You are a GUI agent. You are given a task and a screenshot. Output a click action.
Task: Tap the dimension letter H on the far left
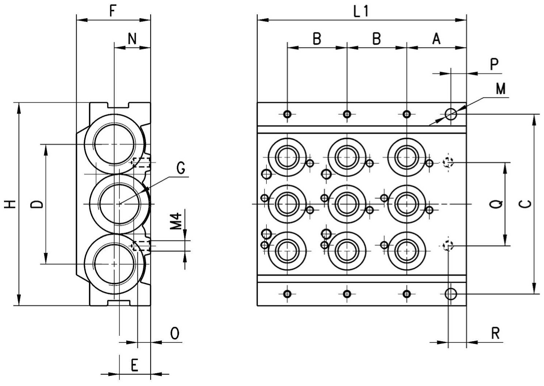click(10, 204)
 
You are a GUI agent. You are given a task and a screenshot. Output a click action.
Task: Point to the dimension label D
click(37, 204)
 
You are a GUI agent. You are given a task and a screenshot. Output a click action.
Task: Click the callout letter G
click(180, 168)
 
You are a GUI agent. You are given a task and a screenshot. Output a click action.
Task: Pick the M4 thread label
click(176, 221)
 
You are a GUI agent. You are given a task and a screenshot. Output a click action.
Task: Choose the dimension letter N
click(132, 39)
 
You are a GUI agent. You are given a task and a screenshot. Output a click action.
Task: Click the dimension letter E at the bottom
click(135, 365)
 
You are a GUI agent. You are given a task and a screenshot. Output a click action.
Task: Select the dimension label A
click(436, 39)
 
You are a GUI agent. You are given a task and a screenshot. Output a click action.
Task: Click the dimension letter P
click(494, 64)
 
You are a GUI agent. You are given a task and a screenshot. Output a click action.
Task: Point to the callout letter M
click(501, 88)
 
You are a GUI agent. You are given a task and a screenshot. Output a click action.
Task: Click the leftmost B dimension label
click(317, 39)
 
